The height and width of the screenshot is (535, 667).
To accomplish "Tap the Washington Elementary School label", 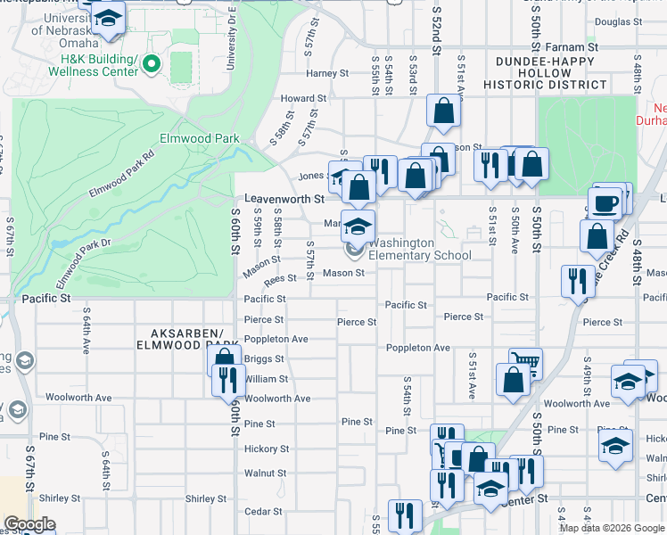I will [419, 249].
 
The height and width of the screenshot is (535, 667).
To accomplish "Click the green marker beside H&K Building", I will [152, 63].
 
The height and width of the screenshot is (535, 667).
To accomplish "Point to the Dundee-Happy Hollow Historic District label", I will [546, 72].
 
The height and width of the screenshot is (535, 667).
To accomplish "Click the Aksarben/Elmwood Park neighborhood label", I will [191, 339].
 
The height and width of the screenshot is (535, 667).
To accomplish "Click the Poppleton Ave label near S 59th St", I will [276, 340].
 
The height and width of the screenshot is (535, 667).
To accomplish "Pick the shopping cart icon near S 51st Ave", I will [525, 362].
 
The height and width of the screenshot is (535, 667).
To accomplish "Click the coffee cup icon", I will [605, 202].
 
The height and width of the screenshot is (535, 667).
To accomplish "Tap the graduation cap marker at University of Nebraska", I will [108, 18].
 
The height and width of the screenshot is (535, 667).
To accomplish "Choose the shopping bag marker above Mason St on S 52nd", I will [443, 111].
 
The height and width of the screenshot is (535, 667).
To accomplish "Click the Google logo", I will [29, 524].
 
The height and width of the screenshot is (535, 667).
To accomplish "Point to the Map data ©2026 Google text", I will [611, 528].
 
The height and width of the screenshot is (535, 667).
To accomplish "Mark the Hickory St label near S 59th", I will [266, 449].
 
